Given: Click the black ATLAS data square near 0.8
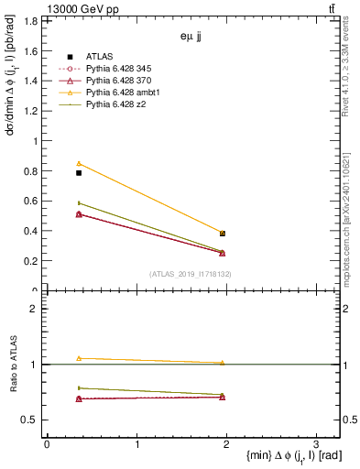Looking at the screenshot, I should (79, 172).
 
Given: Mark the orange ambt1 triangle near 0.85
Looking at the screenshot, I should (79, 163).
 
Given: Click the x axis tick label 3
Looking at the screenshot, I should (316, 444).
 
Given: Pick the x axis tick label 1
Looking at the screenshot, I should (136, 444).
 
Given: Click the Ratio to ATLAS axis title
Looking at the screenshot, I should (12, 364).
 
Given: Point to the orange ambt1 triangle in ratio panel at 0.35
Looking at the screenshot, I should (79, 358).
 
